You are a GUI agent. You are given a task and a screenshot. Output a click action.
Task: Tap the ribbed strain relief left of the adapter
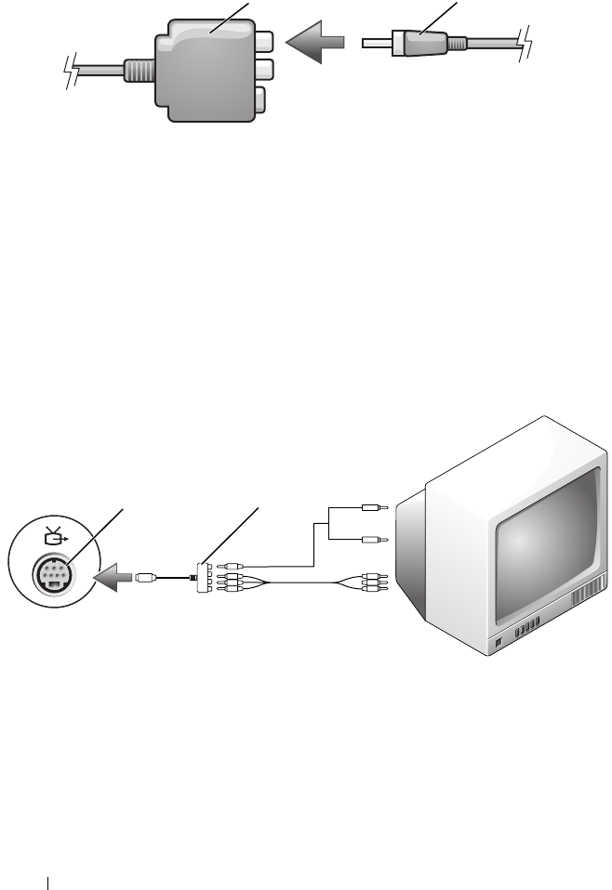(x=136, y=72)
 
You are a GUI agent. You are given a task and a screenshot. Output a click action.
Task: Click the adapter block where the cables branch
(x=204, y=577)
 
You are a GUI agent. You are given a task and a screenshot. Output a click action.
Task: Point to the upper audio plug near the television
(x=372, y=507)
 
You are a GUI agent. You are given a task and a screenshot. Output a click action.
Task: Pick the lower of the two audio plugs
(x=372, y=538)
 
